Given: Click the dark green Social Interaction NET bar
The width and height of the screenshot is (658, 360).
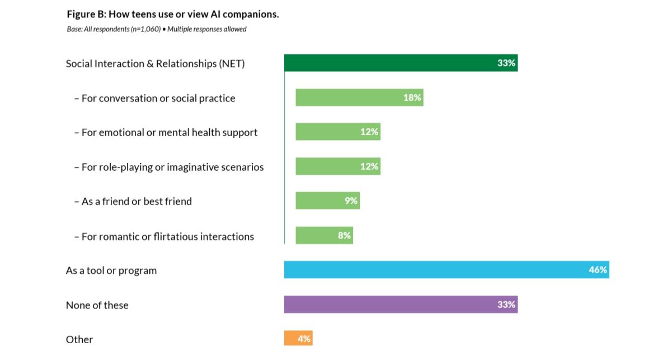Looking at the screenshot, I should [392, 63].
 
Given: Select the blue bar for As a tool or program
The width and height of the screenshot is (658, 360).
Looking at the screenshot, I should [436, 270].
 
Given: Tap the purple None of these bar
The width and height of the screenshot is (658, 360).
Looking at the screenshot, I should [392, 305].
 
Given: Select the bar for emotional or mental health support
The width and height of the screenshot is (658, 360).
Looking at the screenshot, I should [330, 132].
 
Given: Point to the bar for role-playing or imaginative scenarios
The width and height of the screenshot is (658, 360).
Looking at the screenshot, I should [330, 166].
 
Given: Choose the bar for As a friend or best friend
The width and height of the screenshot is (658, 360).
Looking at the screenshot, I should [319, 201].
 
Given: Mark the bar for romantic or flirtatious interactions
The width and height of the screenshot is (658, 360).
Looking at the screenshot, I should [316, 236].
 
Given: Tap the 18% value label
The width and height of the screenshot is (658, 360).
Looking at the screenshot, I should [412, 97].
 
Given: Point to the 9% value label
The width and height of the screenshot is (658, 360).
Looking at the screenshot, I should [351, 201].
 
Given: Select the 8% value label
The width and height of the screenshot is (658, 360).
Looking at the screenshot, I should [344, 236].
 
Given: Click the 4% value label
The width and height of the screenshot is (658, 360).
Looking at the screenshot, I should [304, 339].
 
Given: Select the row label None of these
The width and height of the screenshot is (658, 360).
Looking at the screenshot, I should [97, 305].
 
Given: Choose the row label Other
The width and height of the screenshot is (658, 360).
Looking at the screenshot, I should [79, 339].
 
